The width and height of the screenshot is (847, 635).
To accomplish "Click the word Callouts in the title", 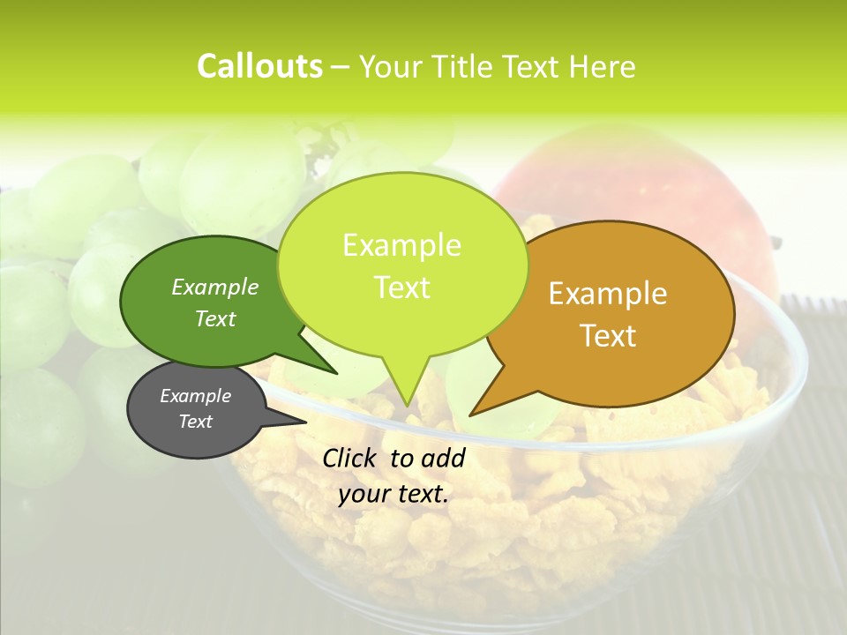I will pyautogui.click(x=259, y=66).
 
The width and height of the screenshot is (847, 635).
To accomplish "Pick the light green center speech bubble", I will pyautogui.click(x=402, y=265).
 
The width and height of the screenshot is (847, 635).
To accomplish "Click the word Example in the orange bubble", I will pyautogui.click(x=608, y=294).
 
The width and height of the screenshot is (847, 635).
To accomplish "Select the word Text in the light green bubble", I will pyautogui.click(x=402, y=288).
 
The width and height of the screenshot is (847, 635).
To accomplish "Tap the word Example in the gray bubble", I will pyautogui.click(x=196, y=396).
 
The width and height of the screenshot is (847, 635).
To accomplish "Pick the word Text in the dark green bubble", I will pyautogui.click(x=215, y=318).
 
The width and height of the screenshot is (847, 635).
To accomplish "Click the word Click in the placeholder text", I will pyautogui.click(x=350, y=458).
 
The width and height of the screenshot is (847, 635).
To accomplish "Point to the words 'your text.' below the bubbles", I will pyautogui.click(x=394, y=495).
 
